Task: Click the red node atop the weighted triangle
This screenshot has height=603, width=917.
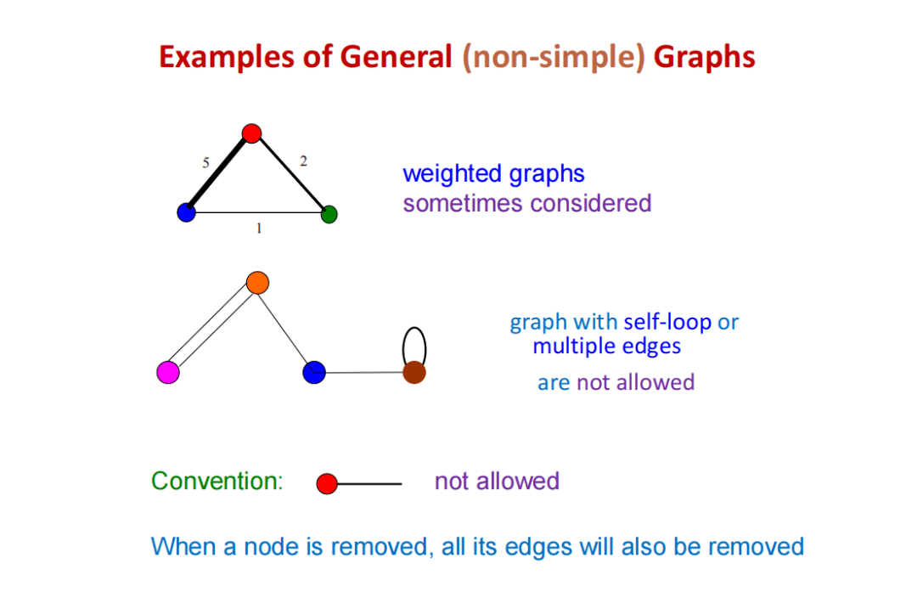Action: (x=250, y=133)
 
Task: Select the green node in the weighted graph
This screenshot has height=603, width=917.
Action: (x=329, y=214)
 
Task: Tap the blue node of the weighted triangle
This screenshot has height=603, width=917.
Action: (x=186, y=212)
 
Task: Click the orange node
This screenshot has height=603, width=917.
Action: (x=257, y=282)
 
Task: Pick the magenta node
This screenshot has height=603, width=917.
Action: (x=168, y=372)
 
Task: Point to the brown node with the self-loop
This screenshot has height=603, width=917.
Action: (x=413, y=372)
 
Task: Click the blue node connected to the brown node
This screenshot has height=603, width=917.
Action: (x=314, y=372)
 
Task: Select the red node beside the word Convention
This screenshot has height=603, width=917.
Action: (x=327, y=484)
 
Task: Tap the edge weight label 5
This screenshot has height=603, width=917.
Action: (x=205, y=163)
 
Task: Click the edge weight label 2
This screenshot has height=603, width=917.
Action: (x=303, y=161)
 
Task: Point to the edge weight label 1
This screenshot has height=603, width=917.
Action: (x=259, y=228)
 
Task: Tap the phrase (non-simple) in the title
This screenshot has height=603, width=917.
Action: (x=554, y=57)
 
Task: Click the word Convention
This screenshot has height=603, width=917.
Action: (x=216, y=481)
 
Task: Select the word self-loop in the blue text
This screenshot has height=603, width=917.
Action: (x=667, y=323)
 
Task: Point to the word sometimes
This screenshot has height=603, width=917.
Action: (x=464, y=203)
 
